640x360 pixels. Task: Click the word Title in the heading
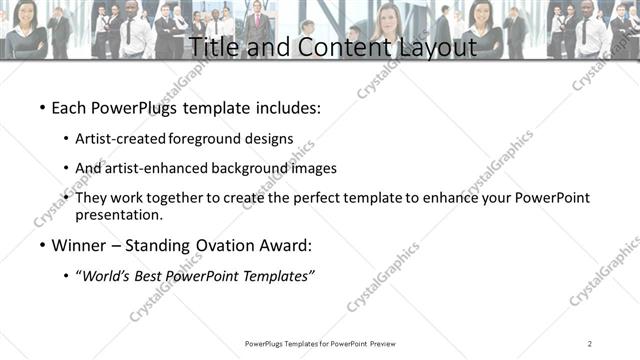(213, 46)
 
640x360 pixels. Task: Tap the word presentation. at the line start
(119, 215)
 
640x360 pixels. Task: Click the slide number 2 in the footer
(590, 344)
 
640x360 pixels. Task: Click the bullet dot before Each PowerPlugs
(41, 107)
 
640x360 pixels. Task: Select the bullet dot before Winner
(41, 245)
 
